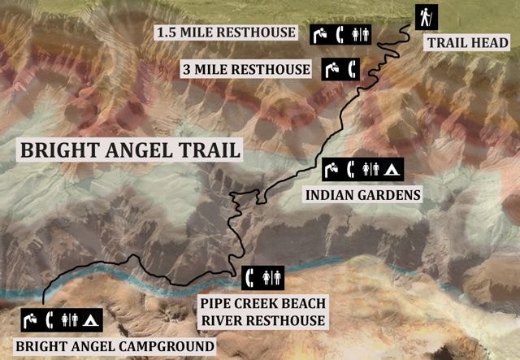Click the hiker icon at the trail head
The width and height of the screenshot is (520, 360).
tap(426, 17)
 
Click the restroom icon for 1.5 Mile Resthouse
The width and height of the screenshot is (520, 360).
tap(362, 34)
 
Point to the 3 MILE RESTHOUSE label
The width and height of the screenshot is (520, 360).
tap(246, 69)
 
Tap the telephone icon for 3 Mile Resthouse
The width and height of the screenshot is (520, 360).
tap(351, 69)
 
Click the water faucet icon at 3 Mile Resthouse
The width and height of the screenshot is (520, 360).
tap(331, 69)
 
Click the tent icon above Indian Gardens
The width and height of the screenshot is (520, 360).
tap(391, 170)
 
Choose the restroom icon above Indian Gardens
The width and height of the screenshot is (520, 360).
tap(371, 170)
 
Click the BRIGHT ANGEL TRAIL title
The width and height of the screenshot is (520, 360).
tap(131, 150)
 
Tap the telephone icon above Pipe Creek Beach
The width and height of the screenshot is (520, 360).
tap(252, 276)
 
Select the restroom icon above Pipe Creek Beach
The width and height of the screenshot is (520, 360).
tap(272, 276)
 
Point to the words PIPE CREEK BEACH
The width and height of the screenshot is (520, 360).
tap(262, 303)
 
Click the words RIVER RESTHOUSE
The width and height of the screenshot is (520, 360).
tap(262, 320)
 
